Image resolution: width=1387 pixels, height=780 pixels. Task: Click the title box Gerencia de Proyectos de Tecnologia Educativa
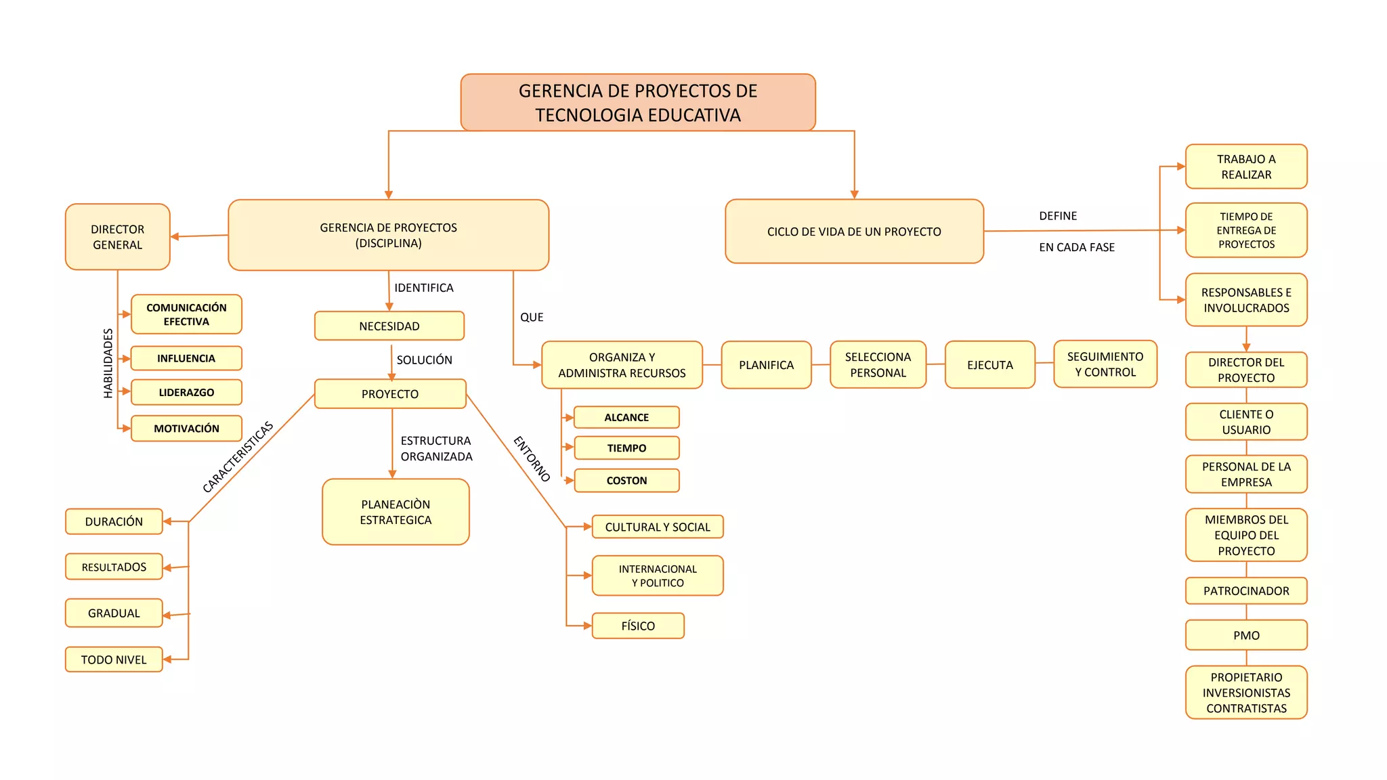[637, 102]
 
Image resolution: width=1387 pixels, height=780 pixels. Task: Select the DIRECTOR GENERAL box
[117, 237]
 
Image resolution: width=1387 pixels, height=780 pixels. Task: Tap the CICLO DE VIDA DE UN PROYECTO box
[853, 232]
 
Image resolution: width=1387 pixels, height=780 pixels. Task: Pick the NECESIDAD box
[389, 326]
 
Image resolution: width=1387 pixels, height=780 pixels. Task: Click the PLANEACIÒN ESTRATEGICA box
[396, 512]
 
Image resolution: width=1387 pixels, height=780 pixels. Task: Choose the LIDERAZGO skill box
[186, 392]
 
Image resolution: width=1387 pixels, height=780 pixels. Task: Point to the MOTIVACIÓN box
[186, 429]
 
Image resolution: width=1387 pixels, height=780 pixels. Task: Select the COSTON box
[626, 481]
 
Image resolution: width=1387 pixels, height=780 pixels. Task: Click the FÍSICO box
[638, 626]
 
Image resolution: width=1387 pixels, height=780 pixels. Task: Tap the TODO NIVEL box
[114, 659]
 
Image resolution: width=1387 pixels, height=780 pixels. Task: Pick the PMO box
[1246, 635]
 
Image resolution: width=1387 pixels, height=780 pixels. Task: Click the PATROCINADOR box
[1246, 590]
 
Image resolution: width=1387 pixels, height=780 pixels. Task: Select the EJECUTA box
[989, 365]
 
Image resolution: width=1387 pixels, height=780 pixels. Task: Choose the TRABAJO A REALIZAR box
[1246, 167]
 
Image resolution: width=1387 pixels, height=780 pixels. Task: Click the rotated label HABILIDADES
[108, 363]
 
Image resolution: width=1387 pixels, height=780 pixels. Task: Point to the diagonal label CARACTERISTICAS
[238, 456]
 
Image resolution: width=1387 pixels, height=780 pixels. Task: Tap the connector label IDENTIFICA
[424, 288]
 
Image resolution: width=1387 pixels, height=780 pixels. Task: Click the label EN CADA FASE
[1077, 247]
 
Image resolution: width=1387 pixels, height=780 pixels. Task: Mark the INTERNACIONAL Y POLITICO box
[658, 576]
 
